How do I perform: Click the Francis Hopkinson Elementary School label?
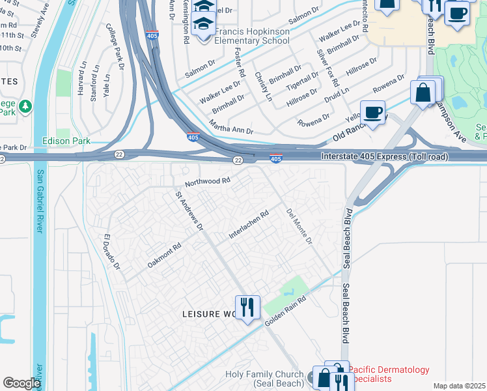click(247, 36)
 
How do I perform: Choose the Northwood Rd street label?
click(208, 181)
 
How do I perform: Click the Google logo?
click(21, 383)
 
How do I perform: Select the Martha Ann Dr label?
click(231, 126)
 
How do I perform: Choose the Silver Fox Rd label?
click(327, 67)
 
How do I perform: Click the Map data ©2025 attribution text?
click(459, 386)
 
